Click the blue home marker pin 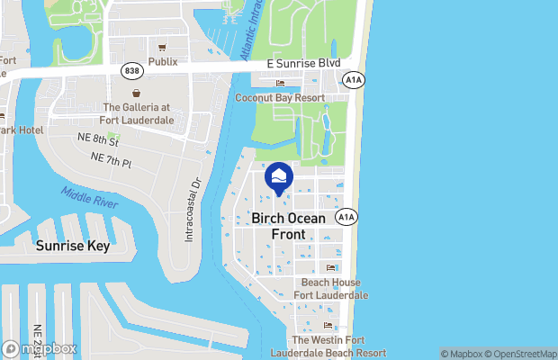[x=279, y=176]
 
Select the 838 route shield [x=132, y=70]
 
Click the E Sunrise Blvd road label [x=303, y=65]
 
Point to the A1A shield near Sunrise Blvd [x=353, y=80]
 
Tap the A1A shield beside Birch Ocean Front [x=346, y=217]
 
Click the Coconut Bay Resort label [x=279, y=96]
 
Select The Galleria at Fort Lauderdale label [x=137, y=113]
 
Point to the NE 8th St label [x=97, y=141]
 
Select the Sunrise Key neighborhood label [x=73, y=245]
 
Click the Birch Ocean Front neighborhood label [x=289, y=226]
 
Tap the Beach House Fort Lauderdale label [x=330, y=289]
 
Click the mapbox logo [x=40, y=348]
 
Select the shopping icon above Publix [x=163, y=48]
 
